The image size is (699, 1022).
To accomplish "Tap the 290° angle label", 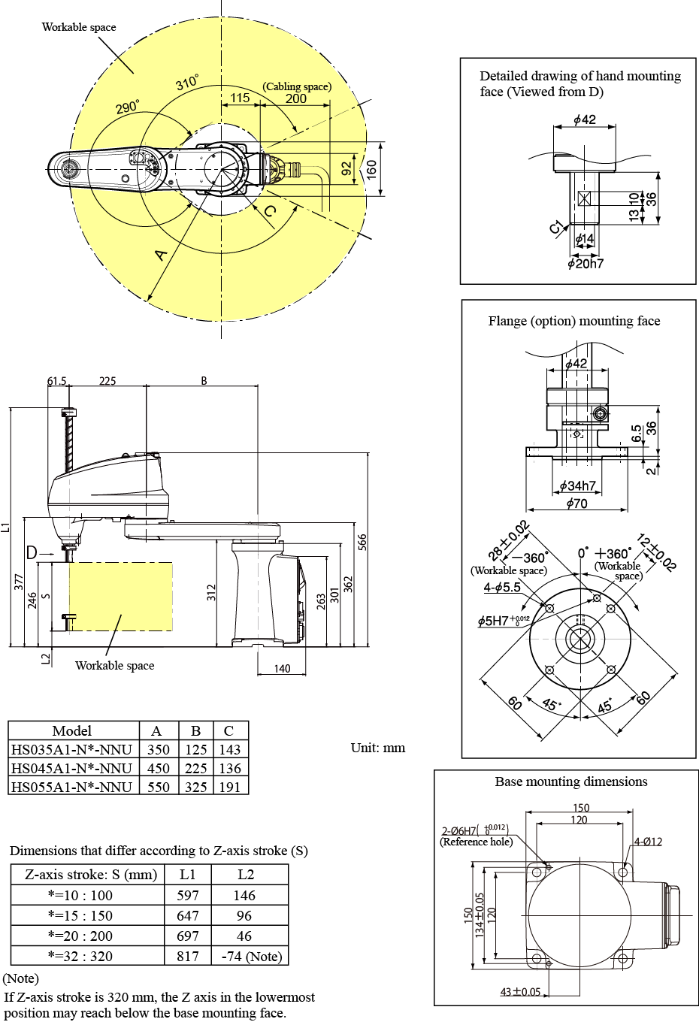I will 127,107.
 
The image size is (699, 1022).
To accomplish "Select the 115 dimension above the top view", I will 240,98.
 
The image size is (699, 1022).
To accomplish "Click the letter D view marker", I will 32,553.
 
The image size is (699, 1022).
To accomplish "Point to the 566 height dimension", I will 362,543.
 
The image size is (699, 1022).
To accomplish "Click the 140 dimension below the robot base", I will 282,669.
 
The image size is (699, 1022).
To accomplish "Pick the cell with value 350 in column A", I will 158,749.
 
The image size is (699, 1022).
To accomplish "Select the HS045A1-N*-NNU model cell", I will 72,768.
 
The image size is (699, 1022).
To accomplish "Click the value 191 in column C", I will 230,787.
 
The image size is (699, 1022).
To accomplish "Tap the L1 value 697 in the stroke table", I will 187,936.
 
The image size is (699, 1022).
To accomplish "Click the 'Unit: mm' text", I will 377,748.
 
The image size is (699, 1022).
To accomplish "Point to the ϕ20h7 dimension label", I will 586,264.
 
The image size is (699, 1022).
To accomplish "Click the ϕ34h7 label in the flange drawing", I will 577,486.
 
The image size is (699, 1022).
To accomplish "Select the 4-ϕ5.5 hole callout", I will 502,587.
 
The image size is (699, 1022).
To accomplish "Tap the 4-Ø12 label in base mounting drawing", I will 648,842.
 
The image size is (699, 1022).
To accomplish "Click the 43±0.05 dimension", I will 521,992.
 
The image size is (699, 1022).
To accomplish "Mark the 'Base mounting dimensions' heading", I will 570,782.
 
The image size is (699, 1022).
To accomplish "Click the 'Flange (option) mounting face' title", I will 574,321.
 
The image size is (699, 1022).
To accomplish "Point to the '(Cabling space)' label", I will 297,86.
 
